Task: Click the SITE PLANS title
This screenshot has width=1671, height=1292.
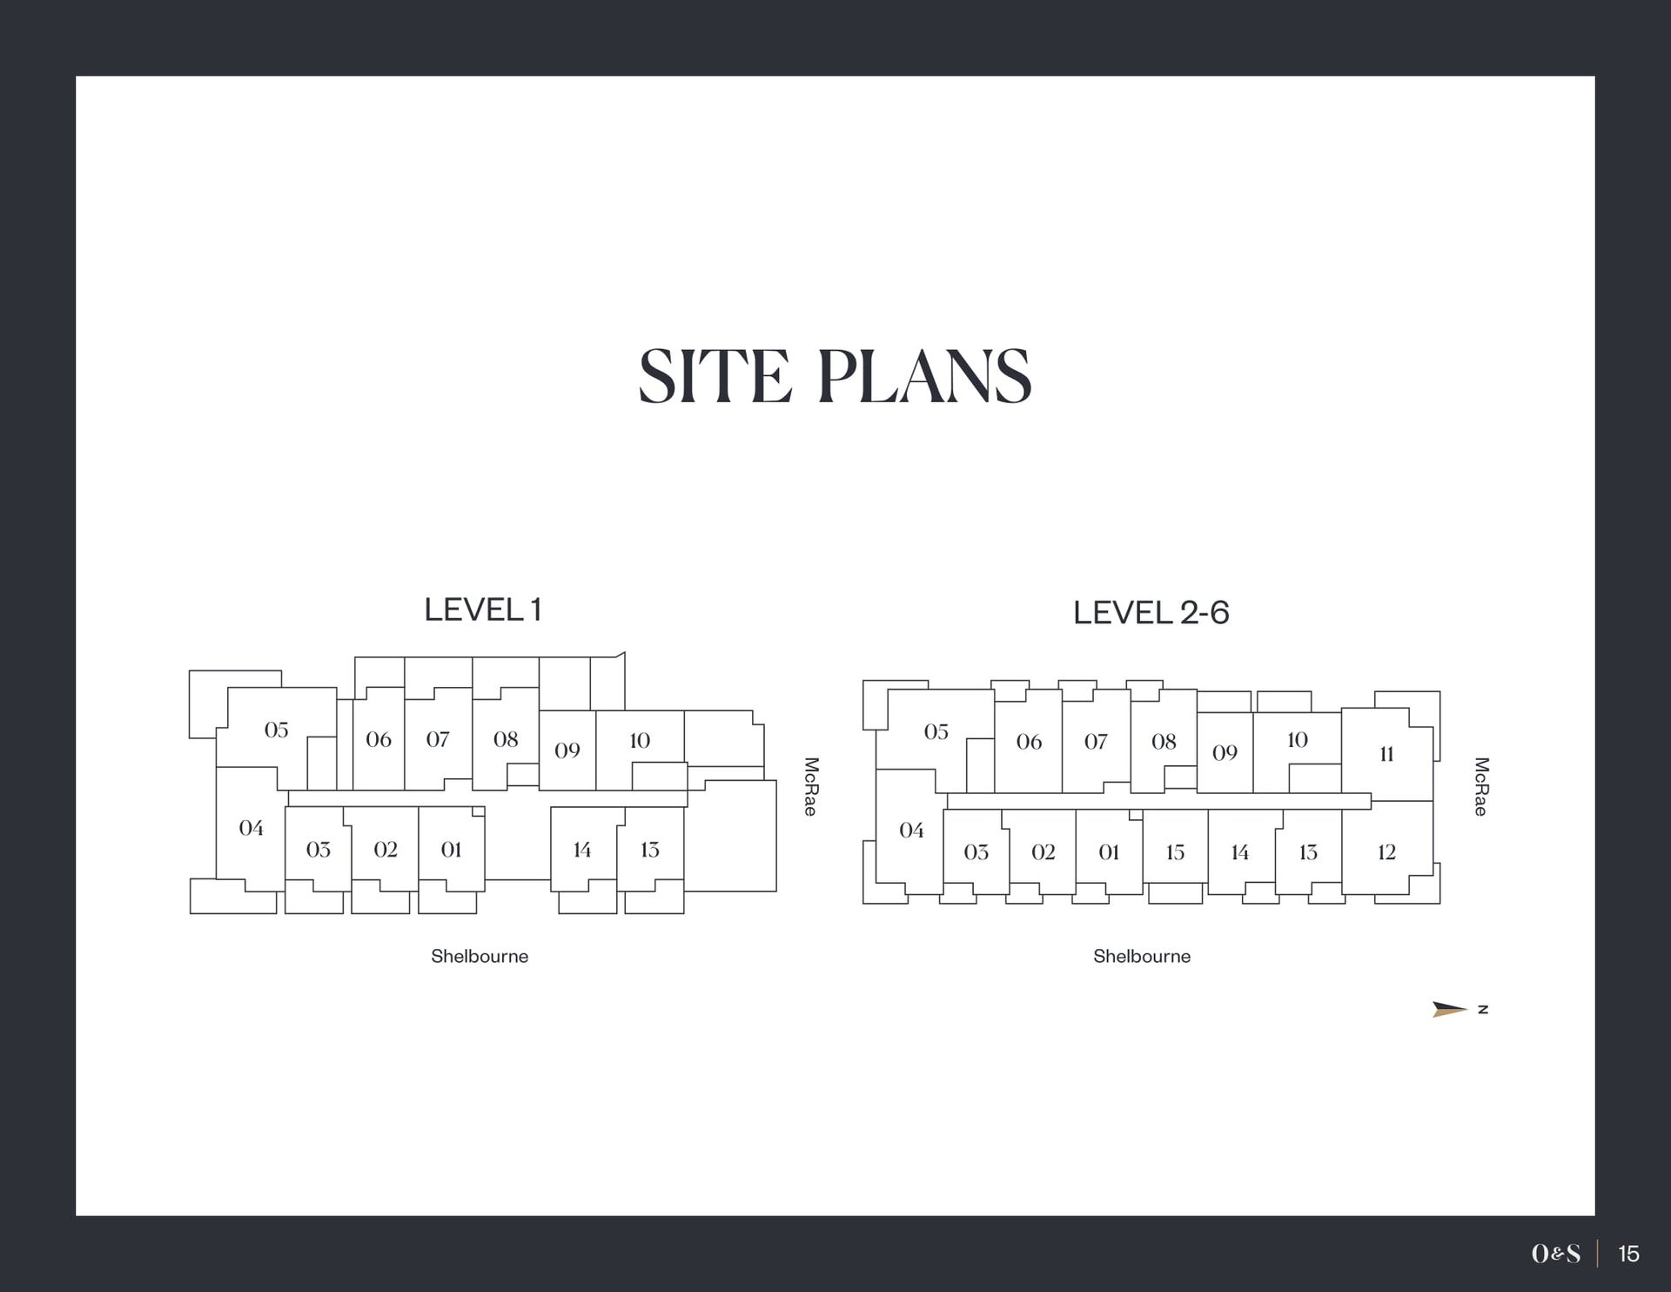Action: [835, 376]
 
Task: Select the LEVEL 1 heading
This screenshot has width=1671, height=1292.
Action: [482, 609]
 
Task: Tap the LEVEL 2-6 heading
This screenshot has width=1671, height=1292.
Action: [1151, 613]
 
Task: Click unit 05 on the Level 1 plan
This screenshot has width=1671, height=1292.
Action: [277, 730]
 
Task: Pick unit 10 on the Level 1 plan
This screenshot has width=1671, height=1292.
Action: [640, 740]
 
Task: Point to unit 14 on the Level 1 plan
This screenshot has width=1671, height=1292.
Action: [582, 849]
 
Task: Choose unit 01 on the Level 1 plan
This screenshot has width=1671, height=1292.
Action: [451, 849]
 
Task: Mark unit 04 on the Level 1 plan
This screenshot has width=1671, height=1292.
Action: [252, 827]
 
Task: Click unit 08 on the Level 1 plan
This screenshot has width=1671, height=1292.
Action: [506, 739]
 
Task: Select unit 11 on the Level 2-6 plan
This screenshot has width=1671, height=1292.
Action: [1386, 754]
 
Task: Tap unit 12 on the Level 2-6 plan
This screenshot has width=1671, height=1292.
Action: [1386, 851]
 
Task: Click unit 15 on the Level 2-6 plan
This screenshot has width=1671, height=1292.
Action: [1175, 851]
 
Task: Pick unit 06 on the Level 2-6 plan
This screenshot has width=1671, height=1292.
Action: [1029, 742]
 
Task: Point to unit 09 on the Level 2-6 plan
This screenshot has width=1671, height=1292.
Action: [1225, 752]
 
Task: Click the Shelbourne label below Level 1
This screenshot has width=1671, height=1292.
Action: [480, 956]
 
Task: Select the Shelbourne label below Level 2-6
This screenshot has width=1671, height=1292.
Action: [1142, 956]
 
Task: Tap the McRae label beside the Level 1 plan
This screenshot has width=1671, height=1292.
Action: [810, 786]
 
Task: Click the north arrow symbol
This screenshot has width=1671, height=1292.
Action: [1450, 1009]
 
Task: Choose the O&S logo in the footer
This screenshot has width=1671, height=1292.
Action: [1556, 1254]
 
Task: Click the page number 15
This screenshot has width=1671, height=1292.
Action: [1628, 1254]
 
